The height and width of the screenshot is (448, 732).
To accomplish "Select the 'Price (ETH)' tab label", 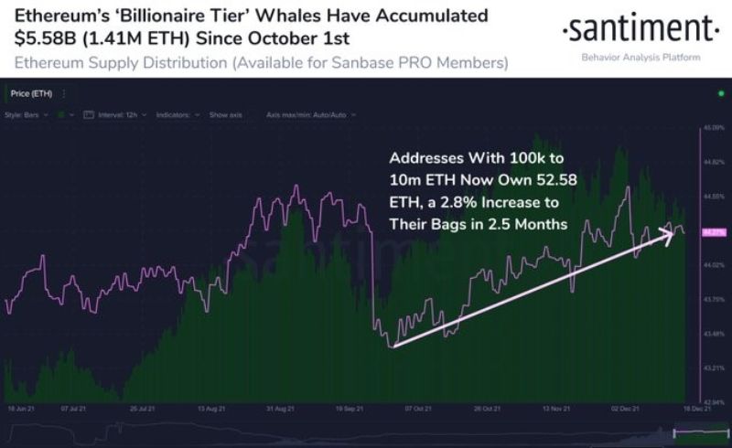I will (x=30, y=93).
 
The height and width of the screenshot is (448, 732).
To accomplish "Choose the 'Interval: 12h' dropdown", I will (x=114, y=115).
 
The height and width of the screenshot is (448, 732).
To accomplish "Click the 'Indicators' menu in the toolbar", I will (x=173, y=115).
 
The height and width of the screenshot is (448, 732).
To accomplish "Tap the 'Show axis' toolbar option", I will (x=225, y=115).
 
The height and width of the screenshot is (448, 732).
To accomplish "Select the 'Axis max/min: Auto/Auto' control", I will (x=307, y=115).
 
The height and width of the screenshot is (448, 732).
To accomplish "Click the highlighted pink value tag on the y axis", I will (x=713, y=232).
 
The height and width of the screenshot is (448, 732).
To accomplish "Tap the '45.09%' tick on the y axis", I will (x=714, y=129).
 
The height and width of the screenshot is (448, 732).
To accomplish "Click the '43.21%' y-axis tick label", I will (x=714, y=368).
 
